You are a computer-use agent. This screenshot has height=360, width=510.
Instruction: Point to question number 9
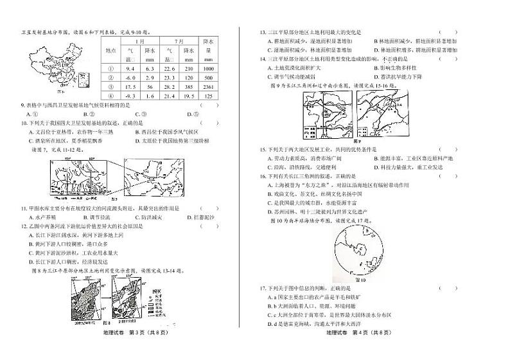click(24, 105)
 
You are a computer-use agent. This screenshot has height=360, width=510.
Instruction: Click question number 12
click(24, 226)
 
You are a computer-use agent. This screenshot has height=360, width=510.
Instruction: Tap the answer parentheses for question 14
click(446, 58)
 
